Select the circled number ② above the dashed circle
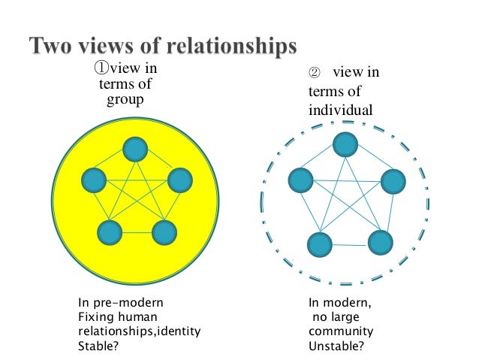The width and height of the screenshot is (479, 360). click(x=315, y=73)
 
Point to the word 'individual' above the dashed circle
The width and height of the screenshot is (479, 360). click(x=339, y=110)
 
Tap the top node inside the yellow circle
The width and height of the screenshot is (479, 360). click(x=135, y=150)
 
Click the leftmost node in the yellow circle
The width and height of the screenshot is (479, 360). click(x=94, y=180)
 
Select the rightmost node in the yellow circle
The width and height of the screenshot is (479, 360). click(x=180, y=180)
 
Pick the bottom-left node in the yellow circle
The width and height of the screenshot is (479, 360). click(x=110, y=232)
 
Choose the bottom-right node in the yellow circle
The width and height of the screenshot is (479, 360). click(x=164, y=232)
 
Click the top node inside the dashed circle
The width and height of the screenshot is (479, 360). click(x=345, y=144)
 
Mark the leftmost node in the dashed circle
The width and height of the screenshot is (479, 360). click(x=300, y=180)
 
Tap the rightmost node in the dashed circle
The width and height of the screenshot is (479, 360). click(x=393, y=181)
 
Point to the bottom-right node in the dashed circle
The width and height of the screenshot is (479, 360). click(x=380, y=242)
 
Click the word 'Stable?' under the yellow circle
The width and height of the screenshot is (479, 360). click(x=98, y=347)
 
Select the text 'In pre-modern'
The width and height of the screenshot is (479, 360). click(x=121, y=304)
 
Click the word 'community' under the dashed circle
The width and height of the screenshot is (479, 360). click(x=341, y=332)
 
